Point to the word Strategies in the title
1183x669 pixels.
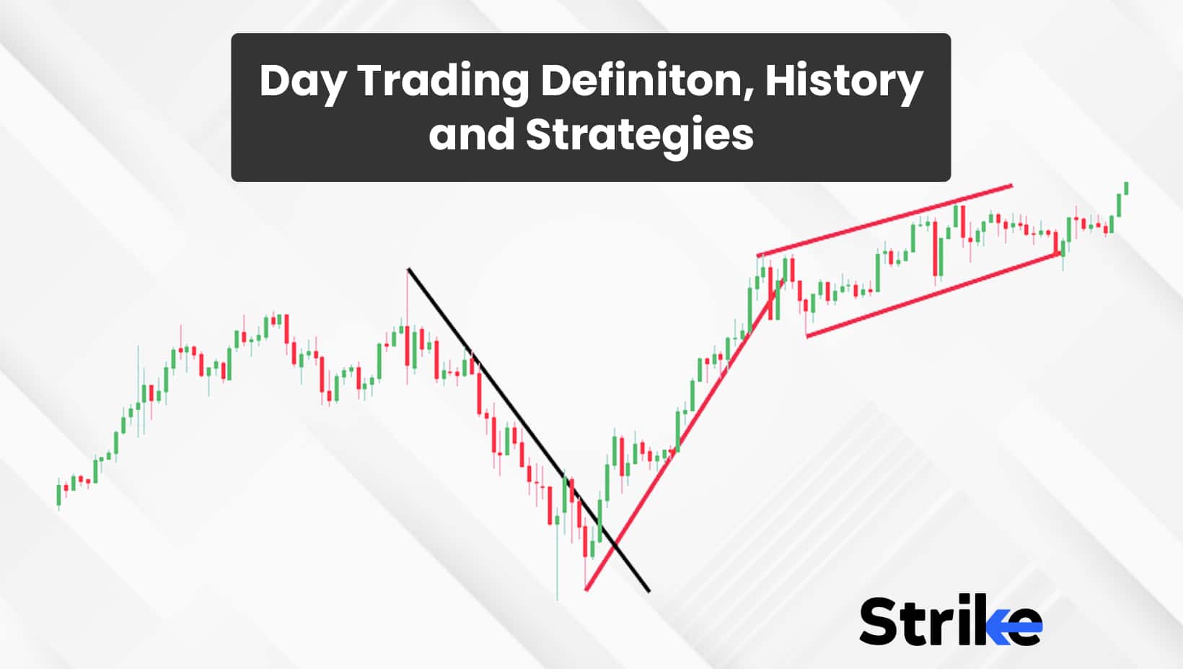(640, 136)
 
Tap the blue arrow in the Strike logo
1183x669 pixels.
(1014, 626)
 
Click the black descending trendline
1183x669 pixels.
(529, 430)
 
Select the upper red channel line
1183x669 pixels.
(884, 220)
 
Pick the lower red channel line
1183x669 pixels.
(933, 295)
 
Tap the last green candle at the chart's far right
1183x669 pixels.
(1127, 188)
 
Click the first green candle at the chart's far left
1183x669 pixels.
(58, 494)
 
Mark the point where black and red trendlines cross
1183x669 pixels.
(615, 544)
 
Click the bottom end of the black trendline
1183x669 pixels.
(650, 591)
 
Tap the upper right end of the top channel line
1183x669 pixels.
(1012, 185)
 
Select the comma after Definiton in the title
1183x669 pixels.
(749, 97)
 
